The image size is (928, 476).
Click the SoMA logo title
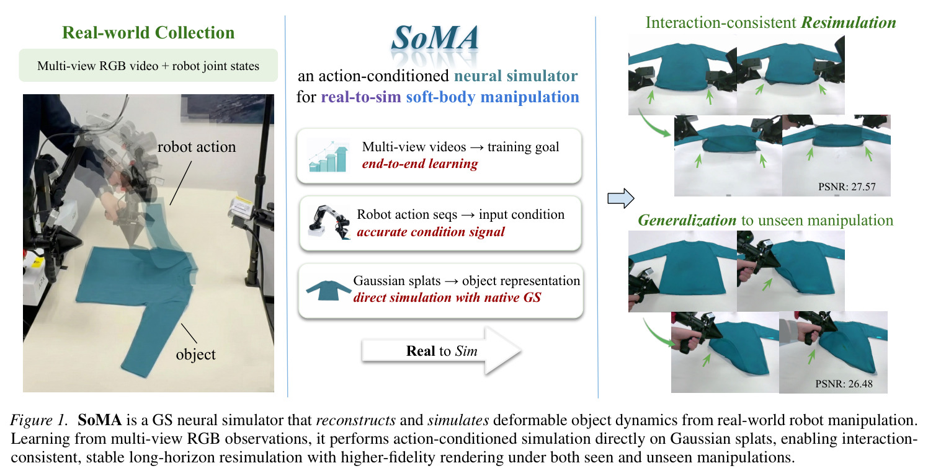pos(435,38)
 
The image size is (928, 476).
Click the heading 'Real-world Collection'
pos(148,33)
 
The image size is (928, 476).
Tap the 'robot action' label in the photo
pos(197,147)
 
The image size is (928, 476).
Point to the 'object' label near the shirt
pos(195,355)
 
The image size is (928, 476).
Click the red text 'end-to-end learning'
pos(420,164)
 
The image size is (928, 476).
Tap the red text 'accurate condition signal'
pos(431,232)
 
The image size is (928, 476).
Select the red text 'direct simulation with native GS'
pos(447,297)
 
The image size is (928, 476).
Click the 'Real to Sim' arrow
pos(441,351)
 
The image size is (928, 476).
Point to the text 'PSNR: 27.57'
pos(847,187)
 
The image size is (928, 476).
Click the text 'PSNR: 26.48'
pos(844,384)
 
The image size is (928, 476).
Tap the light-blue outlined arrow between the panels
pos(620,199)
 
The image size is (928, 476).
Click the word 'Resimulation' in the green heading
pos(849,23)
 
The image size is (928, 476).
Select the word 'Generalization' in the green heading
pos(687,220)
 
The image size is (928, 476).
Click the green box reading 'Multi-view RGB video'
pos(148,66)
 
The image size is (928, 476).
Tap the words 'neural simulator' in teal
pos(515,76)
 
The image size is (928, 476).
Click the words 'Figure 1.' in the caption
pos(39,420)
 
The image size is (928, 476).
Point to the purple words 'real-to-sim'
pos(361,97)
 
